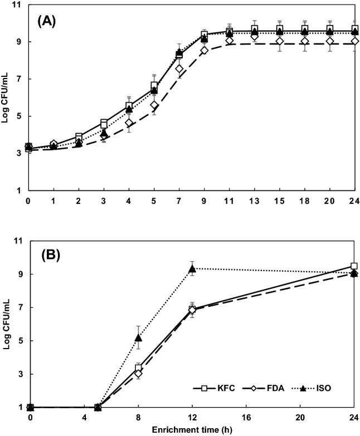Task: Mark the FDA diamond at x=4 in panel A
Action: (129, 123)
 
